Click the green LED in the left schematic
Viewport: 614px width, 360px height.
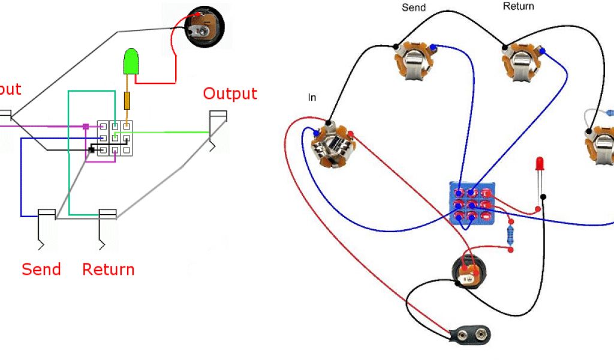(x=131, y=62)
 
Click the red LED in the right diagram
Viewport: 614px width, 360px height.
(x=540, y=164)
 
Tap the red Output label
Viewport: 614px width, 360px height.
(x=230, y=94)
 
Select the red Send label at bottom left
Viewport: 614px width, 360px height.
(x=41, y=269)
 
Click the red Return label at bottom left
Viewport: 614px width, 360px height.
(x=108, y=269)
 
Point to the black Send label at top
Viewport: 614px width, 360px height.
(x=414, y=8)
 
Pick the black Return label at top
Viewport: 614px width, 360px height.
(x=518, y=6)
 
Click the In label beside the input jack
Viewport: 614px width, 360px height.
(x=312, y=97)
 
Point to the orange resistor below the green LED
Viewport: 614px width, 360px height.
(x=127, y=101)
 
